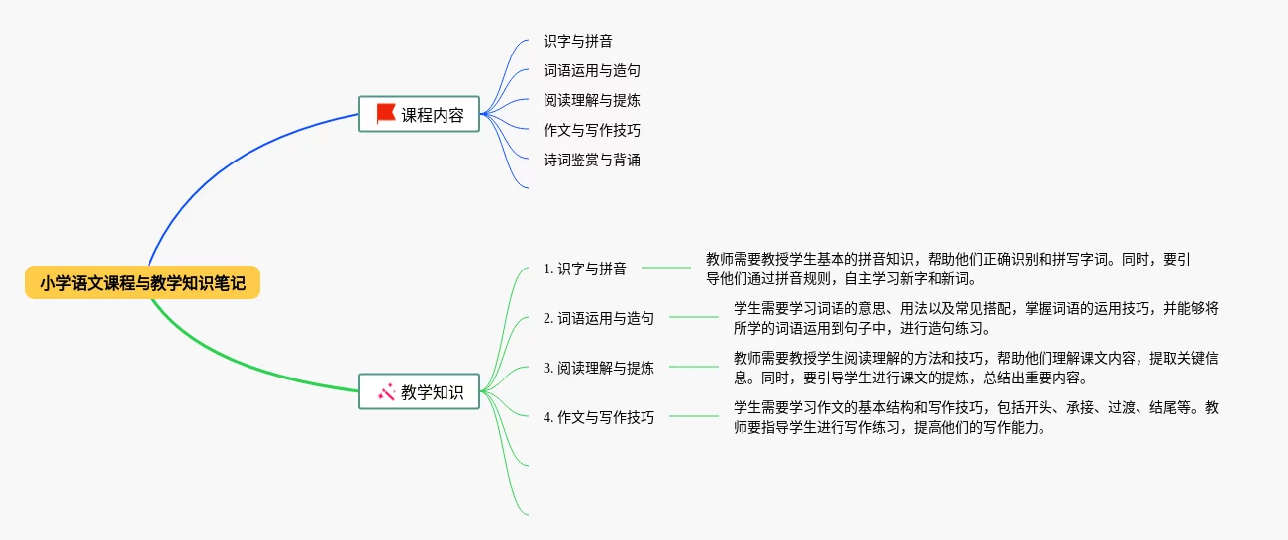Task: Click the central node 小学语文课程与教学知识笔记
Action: tap(143, 283)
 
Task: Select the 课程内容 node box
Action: tap(419, 114)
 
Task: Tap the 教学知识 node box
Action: tap(419, 391)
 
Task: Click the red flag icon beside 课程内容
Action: tap(386, 114)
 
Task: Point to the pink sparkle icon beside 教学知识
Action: tap(386, 391)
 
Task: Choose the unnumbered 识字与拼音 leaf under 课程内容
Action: tap(578, 42)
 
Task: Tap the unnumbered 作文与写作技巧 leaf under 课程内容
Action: tap(592, 130)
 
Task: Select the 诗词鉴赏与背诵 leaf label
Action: tap(592, 160)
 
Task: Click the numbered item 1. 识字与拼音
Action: tap(585, 269)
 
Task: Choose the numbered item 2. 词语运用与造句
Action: tap(599, 318)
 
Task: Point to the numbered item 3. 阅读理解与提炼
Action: tap(599, 368)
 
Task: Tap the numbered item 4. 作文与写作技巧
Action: tap(599, 417)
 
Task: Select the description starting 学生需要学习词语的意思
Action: tap(975, 318)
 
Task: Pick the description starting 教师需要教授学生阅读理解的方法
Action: tap(975, 368)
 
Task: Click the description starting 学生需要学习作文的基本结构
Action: tap(975, 417)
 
